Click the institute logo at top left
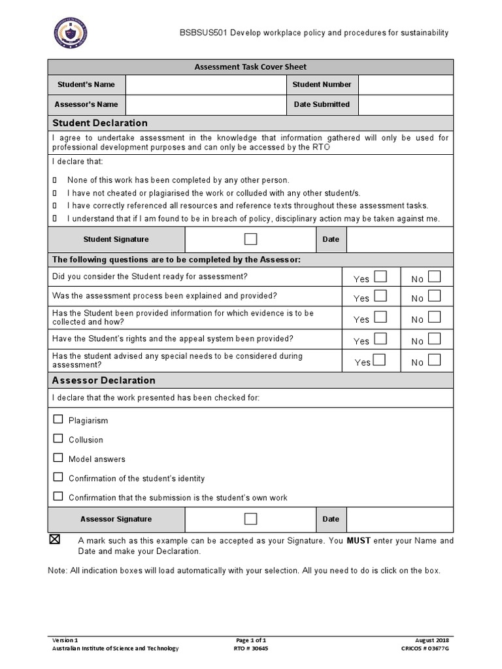[70, 33]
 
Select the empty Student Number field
[405, 84]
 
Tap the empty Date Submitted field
[405, 105]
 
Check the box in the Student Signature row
[251, 239]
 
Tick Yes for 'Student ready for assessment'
[380, 277]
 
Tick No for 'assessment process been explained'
[434, 297]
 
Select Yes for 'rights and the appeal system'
[380, 339]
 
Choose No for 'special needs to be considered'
[434, 360]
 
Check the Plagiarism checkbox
[58, 419]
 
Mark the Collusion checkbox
[58, 438]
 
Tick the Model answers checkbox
[58, 458]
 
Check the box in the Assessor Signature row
[251, 519]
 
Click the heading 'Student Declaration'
[100, 123]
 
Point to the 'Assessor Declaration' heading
[103, 380]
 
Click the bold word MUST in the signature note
[359, 541]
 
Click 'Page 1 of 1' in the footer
[250, 640]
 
